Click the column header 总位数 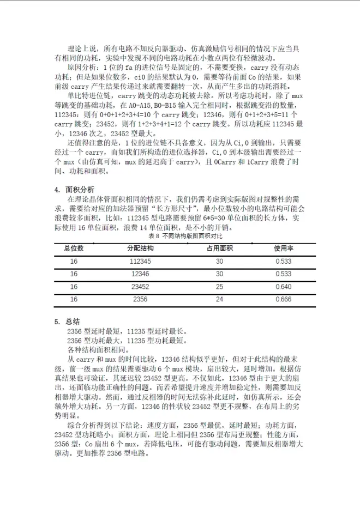[74, 249]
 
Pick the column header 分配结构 [140, 249]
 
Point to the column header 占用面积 [219, 249]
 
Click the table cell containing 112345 [140, 261]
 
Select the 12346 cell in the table [140, 274]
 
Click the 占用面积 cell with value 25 [219, 287]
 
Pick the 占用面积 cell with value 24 [219, 299]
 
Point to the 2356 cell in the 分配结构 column [140, 299]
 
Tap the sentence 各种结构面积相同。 [93, 349]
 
